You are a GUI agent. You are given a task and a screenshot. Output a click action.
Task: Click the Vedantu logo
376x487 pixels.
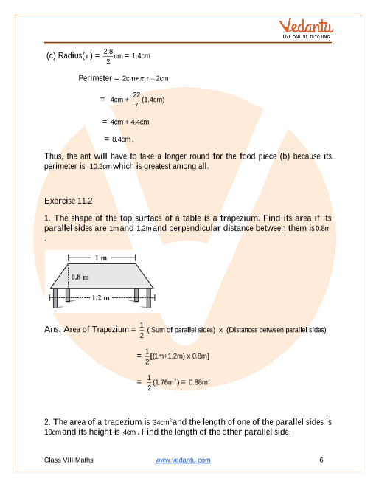coord(306,28)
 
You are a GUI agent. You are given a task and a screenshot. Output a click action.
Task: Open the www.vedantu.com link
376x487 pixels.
coord(183,460)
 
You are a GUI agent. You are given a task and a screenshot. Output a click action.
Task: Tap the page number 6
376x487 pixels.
coord(321,460)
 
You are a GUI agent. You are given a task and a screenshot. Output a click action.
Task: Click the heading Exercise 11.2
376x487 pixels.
coord(69,201)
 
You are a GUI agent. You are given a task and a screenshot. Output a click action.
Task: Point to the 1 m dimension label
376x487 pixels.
coord(101,258)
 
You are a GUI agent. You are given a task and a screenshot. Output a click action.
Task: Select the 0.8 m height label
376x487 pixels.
coord(80,277)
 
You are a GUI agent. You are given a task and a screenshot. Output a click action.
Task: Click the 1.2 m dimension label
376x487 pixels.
coord(101,298)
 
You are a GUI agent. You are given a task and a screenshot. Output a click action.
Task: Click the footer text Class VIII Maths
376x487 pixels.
coord(69,460)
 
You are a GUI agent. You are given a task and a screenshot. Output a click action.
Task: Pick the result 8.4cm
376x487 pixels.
coord(122,139)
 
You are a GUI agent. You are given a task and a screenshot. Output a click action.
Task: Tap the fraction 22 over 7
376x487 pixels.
coord(136,100)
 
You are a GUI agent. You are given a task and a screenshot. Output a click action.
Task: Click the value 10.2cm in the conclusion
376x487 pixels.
coord(100,167)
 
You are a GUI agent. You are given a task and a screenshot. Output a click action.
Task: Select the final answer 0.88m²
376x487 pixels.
coord(200,382)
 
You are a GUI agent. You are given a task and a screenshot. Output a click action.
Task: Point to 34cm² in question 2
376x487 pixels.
coord(162,422)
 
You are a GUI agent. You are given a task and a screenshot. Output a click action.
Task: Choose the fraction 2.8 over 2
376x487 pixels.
coord(108,56)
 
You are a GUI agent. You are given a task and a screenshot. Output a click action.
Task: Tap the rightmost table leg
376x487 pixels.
coord(149,298)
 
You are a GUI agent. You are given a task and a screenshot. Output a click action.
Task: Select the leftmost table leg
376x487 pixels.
coord(55,298)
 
